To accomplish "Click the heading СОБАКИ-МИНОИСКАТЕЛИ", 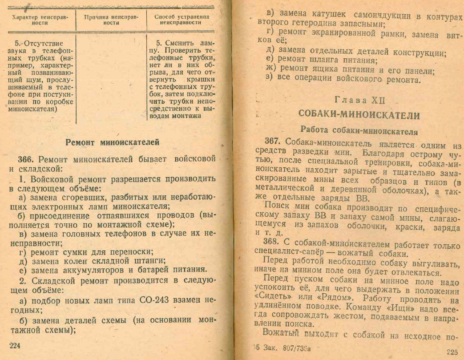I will (359, 115).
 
